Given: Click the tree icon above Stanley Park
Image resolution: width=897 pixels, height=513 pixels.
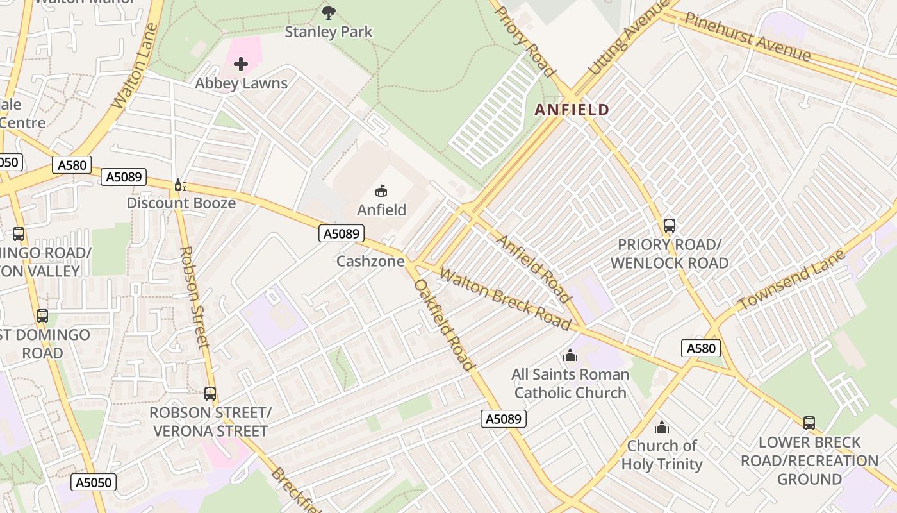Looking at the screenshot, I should pyautogui.click(x=329, y=12).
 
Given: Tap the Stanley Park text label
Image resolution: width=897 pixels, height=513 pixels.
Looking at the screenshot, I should pyautogui.click(x=329, y=31).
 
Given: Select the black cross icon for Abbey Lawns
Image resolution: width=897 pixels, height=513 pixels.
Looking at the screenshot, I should pyautogui.click(x=241, y=64).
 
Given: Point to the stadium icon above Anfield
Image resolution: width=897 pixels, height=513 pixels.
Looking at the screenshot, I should pyautogui.click(x=381, y=190).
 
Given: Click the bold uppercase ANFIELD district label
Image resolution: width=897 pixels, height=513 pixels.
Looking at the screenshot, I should pyautogui.click(x=572, y=110).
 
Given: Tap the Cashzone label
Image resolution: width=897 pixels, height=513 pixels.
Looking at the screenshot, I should pyautogui.click(x=370, y=261).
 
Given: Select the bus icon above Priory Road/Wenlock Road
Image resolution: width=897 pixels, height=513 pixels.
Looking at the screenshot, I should pyautogui.click(x=670, y=226).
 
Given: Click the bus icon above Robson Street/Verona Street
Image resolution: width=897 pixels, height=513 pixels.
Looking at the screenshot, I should pyautogui.click(x=210, y=394).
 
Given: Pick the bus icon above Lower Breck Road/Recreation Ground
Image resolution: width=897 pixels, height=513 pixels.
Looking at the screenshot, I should pyautogui.click(x=809, y=423).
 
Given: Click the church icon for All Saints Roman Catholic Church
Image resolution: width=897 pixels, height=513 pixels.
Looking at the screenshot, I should pyautogui.click(x=570, y=355).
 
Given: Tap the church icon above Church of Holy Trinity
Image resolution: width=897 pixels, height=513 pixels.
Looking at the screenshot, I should pyautogui.click(x=662, y=427).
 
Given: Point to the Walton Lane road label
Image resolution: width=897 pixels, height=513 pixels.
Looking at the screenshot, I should pyautogui.click(x=135, y=66).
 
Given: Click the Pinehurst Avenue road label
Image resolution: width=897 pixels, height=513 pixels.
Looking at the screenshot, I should pyautogui.click(x=747, y=37).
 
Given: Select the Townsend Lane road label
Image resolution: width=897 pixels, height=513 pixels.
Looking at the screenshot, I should pyautogui.click(x=791, y=280).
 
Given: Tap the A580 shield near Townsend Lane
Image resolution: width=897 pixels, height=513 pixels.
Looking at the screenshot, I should pyautogui.click(x=701, y=348).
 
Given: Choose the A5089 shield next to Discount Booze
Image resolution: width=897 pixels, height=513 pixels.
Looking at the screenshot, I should pyautogui.click(x=123, y=177).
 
